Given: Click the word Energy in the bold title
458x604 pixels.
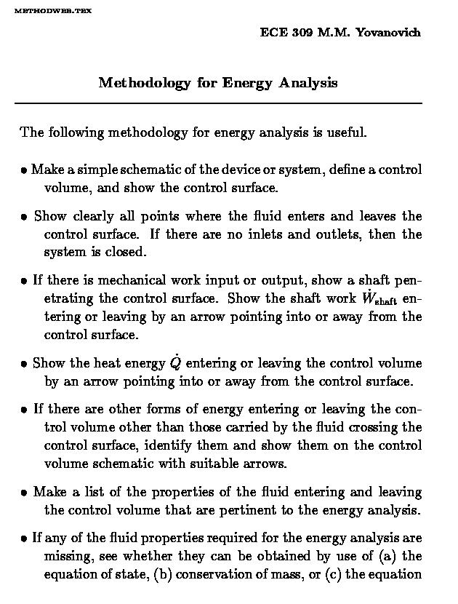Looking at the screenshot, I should point(247,82).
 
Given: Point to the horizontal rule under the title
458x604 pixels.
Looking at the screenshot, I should point(218,104).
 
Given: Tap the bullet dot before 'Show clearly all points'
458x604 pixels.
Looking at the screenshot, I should point(24,217).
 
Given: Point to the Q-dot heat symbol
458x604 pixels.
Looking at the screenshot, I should point(174,362).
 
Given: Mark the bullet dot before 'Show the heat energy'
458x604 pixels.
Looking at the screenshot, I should point(24,364).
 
